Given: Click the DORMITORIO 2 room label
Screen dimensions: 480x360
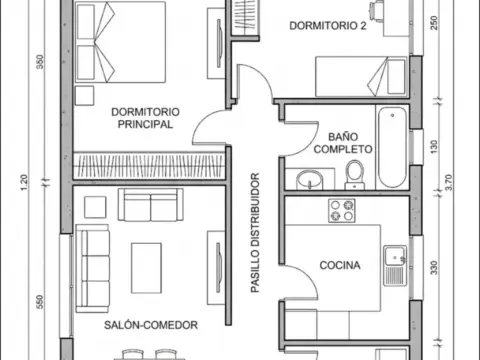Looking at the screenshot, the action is click(328, 26).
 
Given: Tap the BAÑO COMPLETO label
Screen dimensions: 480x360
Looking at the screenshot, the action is click(343, 143).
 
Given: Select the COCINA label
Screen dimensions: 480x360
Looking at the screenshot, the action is click(340, 265).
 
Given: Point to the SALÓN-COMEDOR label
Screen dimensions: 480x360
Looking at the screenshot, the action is click(151, 325).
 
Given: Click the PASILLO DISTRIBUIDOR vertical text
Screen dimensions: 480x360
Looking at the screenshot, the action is click(255, 233).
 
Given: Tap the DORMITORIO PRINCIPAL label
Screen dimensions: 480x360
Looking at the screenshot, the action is click(145, 118).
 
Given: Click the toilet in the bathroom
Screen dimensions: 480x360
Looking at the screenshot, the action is click(354, 175).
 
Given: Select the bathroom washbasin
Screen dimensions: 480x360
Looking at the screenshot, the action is click(310, 180).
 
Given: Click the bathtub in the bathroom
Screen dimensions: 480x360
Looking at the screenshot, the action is click(392, 147).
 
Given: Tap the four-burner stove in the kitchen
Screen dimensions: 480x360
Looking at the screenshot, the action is click(342, 211).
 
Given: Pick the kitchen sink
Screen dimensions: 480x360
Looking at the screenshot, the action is click(395, 266).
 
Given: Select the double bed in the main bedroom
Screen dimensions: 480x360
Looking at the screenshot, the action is click(120, 42).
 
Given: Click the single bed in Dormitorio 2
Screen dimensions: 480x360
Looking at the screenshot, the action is click(361, 77).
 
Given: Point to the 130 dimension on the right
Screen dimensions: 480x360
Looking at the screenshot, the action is click(434, 147).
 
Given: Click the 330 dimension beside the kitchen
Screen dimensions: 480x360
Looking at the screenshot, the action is click(434, 268).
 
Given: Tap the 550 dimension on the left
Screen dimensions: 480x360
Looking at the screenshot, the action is click(40, 302).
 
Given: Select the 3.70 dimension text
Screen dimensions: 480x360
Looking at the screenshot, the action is click(449, 182).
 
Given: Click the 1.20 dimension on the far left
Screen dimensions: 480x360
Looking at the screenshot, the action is click(24, 183).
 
